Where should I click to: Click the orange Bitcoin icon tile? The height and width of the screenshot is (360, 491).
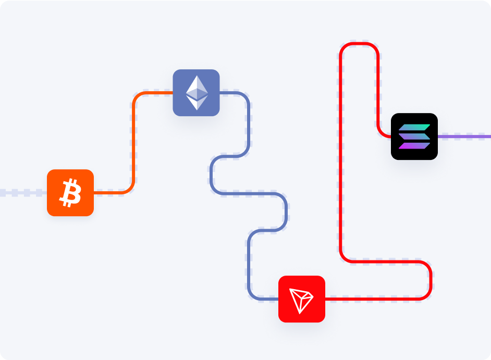coord(70,193)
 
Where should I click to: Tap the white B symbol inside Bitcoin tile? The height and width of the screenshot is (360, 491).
coord(70,193)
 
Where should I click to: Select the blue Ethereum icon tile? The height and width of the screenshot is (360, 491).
coord(196,93)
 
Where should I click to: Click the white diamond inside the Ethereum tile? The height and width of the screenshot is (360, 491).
coord(197,93)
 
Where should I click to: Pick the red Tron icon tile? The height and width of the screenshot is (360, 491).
coord(302,299)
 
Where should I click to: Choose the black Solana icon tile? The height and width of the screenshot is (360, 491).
coord(414,136)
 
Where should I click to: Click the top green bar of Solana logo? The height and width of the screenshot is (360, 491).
coord(415,128)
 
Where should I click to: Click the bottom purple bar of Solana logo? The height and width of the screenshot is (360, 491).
coord(414,145)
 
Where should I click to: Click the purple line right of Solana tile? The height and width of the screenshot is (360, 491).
coord(464,136)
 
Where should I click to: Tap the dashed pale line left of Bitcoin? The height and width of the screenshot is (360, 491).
coord(23,193)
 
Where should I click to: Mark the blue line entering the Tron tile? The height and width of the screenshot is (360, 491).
coord(266,299)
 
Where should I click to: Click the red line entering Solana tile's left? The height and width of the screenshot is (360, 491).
coord(386,136)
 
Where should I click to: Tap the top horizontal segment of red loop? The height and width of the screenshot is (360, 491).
coord(359,44)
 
